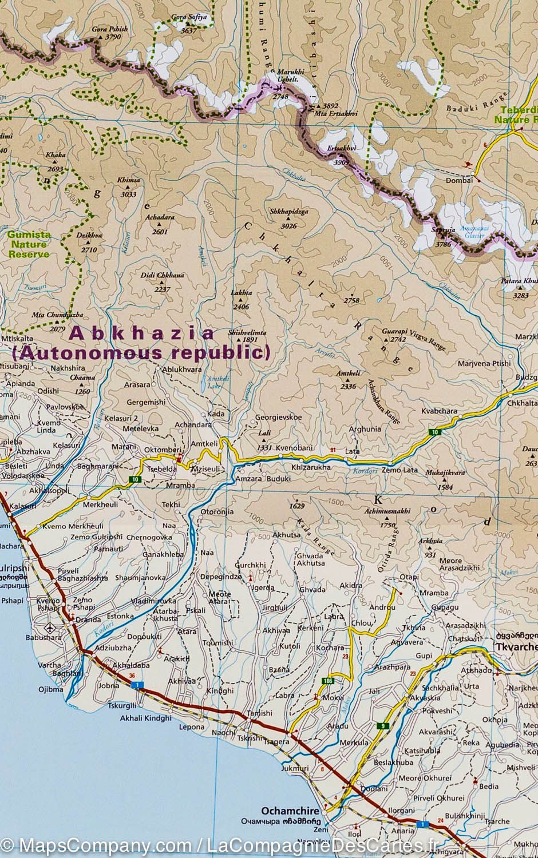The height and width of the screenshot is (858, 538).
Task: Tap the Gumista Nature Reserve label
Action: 29,244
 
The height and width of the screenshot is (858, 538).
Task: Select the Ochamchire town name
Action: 285,811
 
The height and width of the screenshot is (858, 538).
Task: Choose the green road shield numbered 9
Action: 382,726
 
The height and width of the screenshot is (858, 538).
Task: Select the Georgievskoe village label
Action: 278,417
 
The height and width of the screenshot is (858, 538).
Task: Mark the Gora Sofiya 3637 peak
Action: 188,24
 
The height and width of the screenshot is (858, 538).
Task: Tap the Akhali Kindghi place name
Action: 145,717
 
